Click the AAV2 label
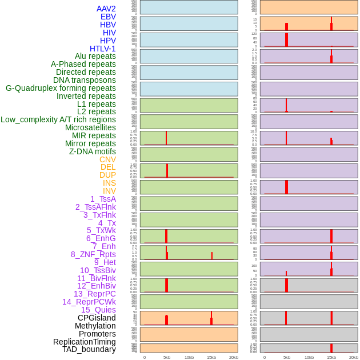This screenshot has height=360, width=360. [106, 9]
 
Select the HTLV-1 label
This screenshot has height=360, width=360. [102, 49]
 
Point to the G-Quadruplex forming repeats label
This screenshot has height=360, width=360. [61, 88]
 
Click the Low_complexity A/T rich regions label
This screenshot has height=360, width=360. [58, 119]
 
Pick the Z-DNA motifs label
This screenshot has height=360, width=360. [92, 151]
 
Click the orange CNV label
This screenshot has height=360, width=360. [107, 159]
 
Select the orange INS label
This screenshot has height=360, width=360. [109, 183]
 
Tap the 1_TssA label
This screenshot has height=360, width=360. [103, 199]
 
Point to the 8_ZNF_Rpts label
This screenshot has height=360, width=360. [93, 254]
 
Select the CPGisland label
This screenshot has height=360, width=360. [97, 318]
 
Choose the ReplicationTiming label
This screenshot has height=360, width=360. [84, 342]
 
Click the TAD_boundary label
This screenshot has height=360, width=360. [89, 349]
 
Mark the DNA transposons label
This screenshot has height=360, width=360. [84, 80]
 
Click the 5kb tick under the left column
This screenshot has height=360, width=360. [167, 357]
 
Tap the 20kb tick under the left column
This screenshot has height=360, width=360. [234, 357]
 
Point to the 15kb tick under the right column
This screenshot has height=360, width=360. [331, 357]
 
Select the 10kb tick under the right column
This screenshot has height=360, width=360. [309, 357]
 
